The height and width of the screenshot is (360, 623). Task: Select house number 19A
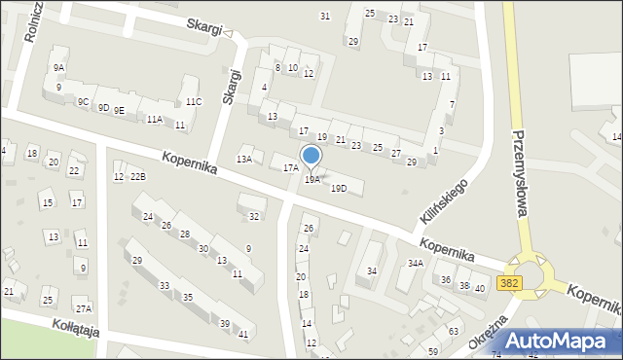311,180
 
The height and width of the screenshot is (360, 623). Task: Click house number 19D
339,188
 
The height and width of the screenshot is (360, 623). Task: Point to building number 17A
290,168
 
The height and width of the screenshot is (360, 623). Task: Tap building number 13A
244,159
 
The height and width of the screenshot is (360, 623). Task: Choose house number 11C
194,102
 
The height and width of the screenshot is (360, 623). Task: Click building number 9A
59,68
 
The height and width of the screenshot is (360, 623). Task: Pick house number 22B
138,176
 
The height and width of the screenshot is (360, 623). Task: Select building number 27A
84,309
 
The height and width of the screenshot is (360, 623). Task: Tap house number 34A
416,264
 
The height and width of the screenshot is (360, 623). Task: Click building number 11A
154,120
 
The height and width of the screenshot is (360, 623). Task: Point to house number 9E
119,111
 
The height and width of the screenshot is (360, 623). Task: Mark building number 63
453,332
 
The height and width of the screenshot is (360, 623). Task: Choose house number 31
325,16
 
